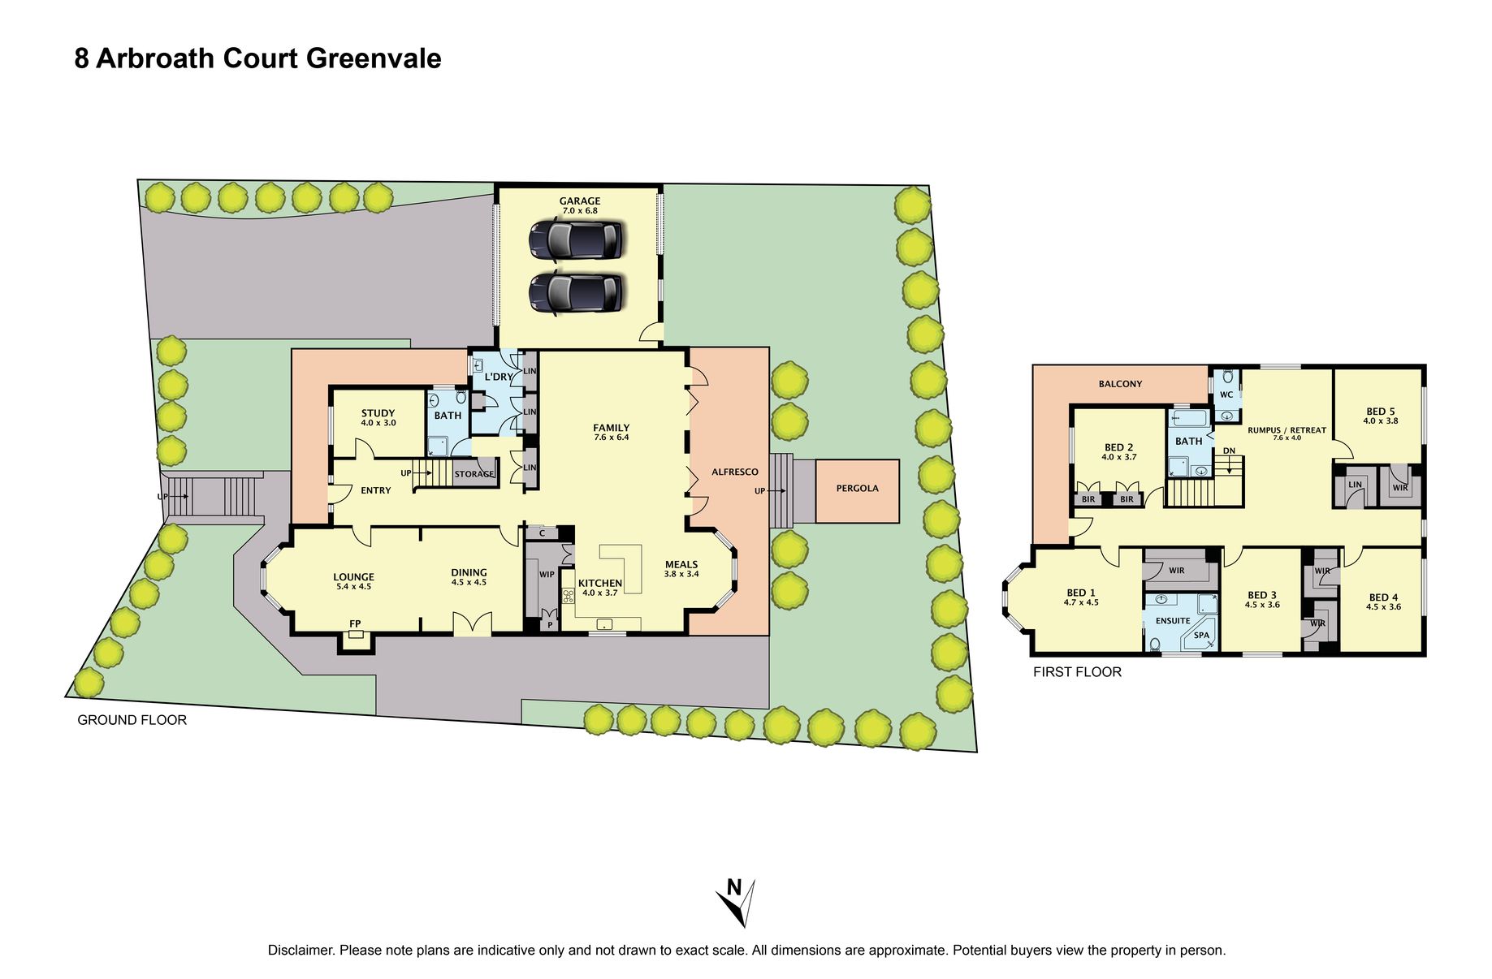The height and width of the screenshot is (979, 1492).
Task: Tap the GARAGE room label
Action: (579, 201)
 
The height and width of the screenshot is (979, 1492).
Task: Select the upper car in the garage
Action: (576, 239)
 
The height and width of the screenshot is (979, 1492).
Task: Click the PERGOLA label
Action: (857, 488)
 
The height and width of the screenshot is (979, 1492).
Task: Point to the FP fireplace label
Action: (355, 623)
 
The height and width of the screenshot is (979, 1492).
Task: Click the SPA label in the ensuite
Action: (1201, 635)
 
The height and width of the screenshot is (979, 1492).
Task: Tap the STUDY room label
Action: (378, 413)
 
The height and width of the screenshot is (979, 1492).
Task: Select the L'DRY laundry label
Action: (499, 377)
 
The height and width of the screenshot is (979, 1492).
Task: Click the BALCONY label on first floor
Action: (1120, 384)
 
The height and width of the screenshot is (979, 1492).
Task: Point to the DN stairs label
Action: (1229, 451)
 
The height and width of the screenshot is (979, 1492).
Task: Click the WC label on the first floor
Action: (1226, 395)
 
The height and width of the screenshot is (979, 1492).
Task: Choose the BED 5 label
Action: (1380, 412)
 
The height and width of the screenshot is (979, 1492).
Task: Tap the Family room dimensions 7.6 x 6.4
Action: (611, 438)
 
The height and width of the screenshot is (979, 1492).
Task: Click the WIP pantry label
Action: (547, 574)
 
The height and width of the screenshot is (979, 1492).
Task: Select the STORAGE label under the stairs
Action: (474, 474)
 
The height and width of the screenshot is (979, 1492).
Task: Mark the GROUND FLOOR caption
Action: (132, 720)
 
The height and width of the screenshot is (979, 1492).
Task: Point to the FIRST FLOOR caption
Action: (1077, 672)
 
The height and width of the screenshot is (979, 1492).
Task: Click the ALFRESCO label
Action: (734, 472)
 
